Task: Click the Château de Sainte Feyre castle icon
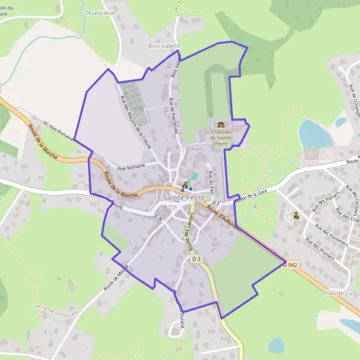click(220, 124)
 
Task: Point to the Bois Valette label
click(164, 45)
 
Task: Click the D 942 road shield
click(292, 264)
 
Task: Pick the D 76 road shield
click(158, 217)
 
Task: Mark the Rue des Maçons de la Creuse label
click(136, 123)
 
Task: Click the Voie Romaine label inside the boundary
click(131, 169)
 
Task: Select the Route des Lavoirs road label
click(190, 232)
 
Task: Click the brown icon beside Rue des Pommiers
click(296, 215)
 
